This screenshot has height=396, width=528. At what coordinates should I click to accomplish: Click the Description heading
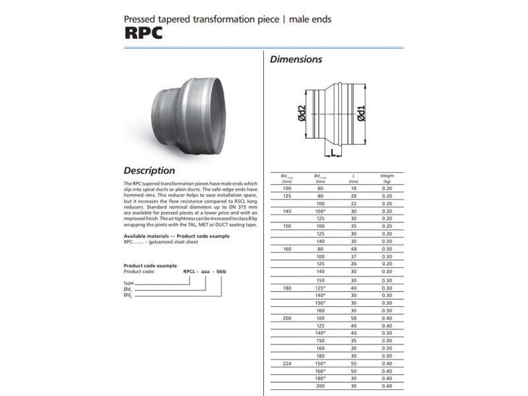coord(149,170)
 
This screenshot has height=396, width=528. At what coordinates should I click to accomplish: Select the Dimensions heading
coord(296,59)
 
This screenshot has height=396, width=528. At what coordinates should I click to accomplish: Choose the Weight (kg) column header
coord(387,178)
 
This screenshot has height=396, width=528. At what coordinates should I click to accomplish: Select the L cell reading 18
coord(354,189)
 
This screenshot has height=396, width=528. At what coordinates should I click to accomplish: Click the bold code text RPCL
coord(190,271)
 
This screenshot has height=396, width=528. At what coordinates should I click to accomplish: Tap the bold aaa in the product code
coord(207,271)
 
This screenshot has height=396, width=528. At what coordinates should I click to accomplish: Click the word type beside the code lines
coord(129,282)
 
